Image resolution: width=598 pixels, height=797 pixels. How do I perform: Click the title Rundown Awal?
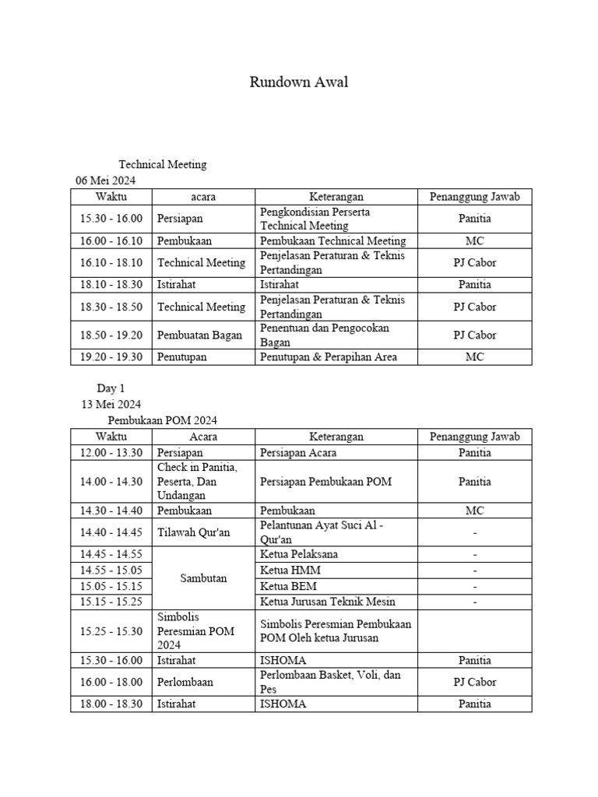[x=299, y=83]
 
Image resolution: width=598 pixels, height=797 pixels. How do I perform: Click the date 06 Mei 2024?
[x=105, y=180]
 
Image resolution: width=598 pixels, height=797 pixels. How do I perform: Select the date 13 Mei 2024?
[x=111, y=404]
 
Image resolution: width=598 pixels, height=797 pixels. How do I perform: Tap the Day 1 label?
[x=111, y=388]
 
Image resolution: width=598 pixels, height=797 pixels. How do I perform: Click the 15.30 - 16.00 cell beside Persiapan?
[x=111, y=219]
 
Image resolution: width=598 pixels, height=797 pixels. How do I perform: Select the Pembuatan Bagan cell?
[x=194, y=335]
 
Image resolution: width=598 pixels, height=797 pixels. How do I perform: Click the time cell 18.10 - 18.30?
[x=111, y=285]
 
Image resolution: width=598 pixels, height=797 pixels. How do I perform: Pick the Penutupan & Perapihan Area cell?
[x=329, y=357]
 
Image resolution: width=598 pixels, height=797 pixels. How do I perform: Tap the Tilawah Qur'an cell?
[x=194, y=532]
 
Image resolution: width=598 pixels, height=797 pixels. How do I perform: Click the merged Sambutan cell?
[x=203, y=578]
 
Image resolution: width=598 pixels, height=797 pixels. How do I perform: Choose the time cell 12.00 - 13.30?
[x=111, y=452]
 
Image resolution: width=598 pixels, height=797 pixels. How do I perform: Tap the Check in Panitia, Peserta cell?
[x=198, y=481]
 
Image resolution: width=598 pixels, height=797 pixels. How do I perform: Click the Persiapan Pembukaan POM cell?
[x=325, y=482]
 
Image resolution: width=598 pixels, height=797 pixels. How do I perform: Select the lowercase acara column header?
[x=203, y=197]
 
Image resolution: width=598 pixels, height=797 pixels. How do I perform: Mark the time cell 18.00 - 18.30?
[x=111, y=704]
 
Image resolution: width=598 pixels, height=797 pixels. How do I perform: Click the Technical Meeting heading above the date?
[x=163, y=164]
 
